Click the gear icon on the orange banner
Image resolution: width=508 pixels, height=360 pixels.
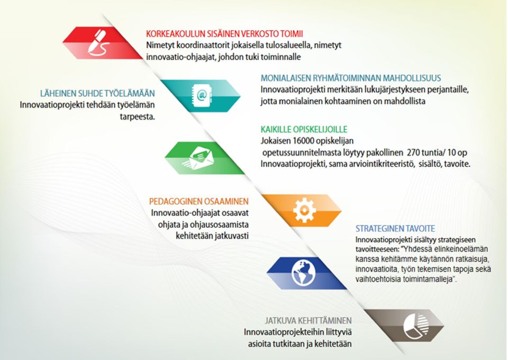304,211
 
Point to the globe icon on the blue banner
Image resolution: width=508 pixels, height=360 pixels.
304,273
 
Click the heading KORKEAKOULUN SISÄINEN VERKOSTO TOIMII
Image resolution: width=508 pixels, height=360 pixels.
224,34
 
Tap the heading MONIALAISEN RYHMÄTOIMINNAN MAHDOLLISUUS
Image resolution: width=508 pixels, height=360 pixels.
351,78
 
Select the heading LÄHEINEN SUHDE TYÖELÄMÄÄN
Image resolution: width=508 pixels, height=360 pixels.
97,94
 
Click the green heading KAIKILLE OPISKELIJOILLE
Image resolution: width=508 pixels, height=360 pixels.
304,130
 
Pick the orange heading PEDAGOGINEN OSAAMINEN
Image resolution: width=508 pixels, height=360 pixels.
199,202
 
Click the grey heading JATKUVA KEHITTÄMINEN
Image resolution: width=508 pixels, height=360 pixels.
308,321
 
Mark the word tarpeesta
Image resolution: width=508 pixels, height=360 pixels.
138,117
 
